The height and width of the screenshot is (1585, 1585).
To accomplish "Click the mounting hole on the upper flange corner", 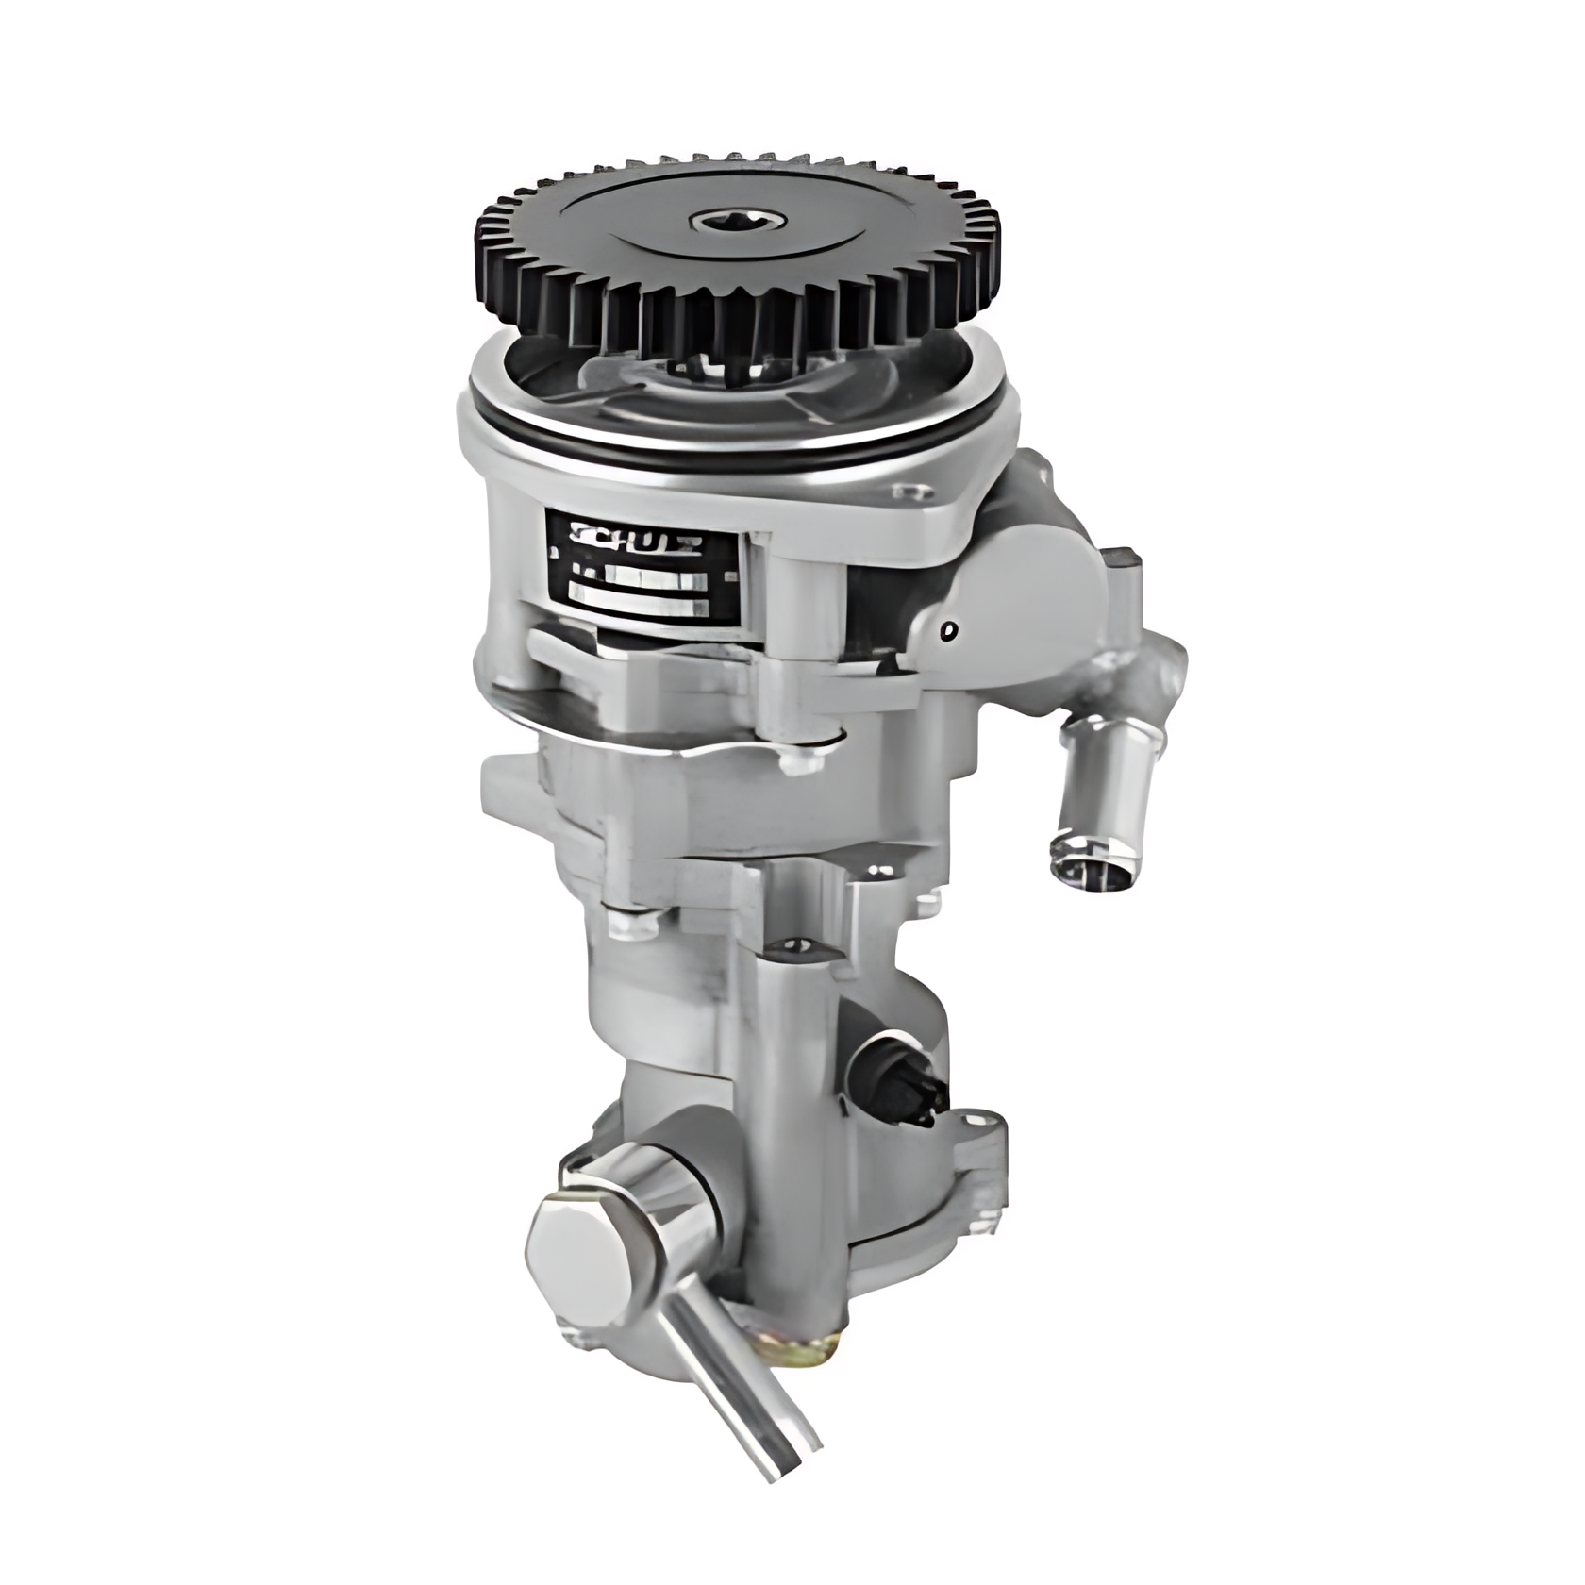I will (909, 492).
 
